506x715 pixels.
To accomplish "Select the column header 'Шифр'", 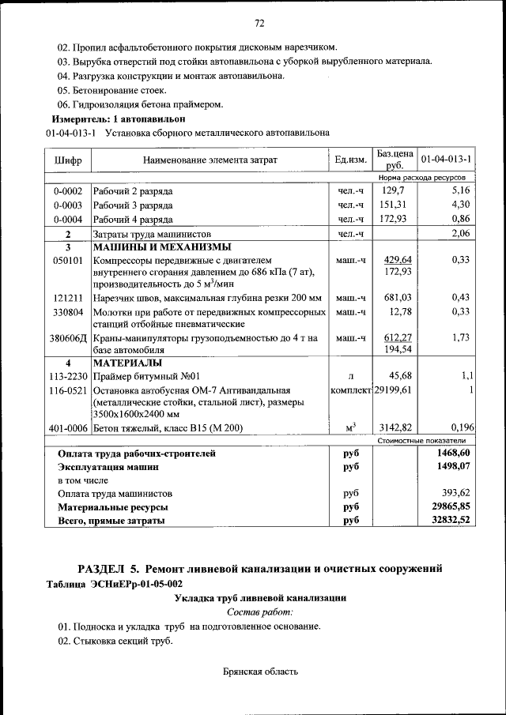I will click(x=67, y=160).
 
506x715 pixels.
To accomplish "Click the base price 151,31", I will click(x=393, y=205).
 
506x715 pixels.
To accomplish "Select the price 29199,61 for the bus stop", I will click(x=393, y=390).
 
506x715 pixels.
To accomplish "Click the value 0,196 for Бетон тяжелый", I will click(x=458, y=428).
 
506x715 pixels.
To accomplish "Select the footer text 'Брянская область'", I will click(x=260, y=672).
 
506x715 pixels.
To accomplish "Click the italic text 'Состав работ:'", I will click(x=259, y=612).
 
